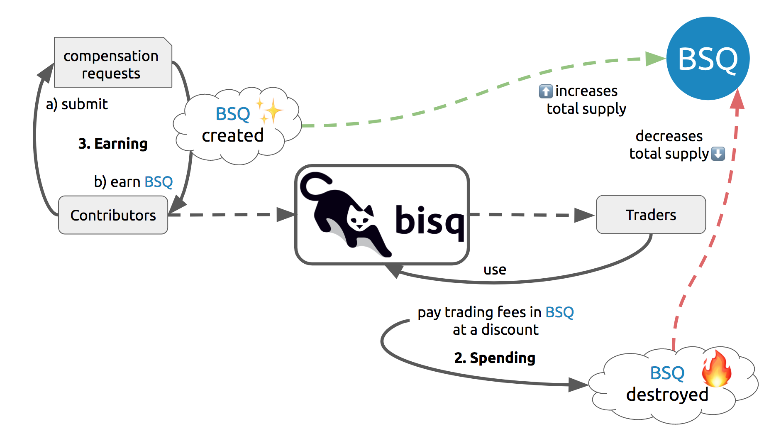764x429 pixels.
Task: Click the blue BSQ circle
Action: pos(708,59)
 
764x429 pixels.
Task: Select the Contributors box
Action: pos(113,215)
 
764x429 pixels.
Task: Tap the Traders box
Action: pos(650,215)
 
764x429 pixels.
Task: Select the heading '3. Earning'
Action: pos(113,144)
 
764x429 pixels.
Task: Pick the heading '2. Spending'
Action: pos(495,358)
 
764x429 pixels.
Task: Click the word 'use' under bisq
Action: pos(495,270)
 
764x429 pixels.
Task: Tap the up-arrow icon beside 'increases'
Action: pos(546,91)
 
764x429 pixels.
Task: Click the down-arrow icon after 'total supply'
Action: pos(718,154)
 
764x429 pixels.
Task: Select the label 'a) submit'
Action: pos(77,104)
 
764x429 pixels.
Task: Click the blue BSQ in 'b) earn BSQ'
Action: pos(159,182)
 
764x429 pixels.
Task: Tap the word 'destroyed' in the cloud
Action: pos(667,395)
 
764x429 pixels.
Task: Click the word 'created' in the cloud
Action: pos(232,135)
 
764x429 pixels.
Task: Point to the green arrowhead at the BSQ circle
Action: pos(656,59)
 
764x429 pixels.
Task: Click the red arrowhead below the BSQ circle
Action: pos(737,100)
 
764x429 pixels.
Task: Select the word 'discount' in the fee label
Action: pos(510,330)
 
